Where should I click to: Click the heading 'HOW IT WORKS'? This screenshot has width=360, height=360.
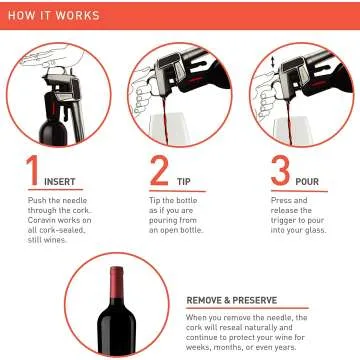[x=55, y=16]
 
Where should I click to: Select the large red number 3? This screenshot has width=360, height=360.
[x=280, y=170]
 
